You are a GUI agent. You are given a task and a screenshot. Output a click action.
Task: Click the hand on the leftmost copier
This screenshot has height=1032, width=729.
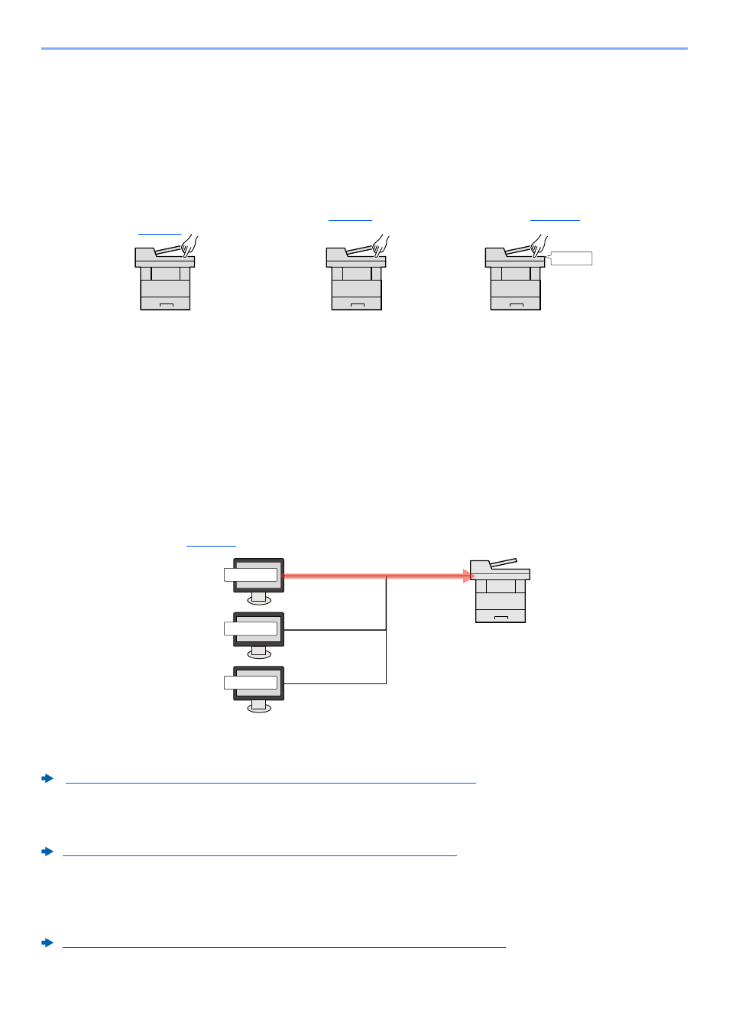[189, 246]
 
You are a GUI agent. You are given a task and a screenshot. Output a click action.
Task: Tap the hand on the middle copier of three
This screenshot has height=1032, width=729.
[380, 246]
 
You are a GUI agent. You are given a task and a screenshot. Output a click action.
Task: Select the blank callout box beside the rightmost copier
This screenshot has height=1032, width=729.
[572, 258]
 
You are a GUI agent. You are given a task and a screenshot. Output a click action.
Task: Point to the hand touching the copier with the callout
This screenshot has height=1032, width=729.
[539, 246]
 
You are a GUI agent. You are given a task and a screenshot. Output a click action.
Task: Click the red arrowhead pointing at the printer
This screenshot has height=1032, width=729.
[468, 576]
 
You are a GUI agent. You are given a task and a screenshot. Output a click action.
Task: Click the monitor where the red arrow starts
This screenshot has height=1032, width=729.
[259, 575]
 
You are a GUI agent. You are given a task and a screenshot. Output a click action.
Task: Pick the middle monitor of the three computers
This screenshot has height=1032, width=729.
[259, 629]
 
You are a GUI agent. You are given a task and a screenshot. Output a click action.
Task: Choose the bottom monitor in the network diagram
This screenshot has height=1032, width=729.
[259, 683]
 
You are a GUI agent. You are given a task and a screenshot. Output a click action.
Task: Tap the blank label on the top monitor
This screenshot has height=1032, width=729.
[251, 575]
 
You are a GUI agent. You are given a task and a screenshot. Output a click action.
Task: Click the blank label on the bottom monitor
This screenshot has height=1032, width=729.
[251, 683]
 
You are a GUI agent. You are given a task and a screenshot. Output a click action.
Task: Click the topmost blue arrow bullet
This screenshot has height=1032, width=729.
[47, 778]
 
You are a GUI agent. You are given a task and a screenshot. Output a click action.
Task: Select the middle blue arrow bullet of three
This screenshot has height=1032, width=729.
[47, 852]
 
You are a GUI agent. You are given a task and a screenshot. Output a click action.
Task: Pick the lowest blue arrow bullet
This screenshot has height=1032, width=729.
[47, 943]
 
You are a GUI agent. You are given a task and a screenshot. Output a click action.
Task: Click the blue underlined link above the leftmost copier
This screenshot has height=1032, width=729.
[160, 232]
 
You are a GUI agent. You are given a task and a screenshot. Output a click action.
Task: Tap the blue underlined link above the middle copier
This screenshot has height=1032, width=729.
[350, 219]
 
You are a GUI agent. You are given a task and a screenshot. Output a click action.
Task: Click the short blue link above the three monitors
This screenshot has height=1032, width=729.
[211, 545]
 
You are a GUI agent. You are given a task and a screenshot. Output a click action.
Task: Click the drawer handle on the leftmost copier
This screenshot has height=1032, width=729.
[165, 305]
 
